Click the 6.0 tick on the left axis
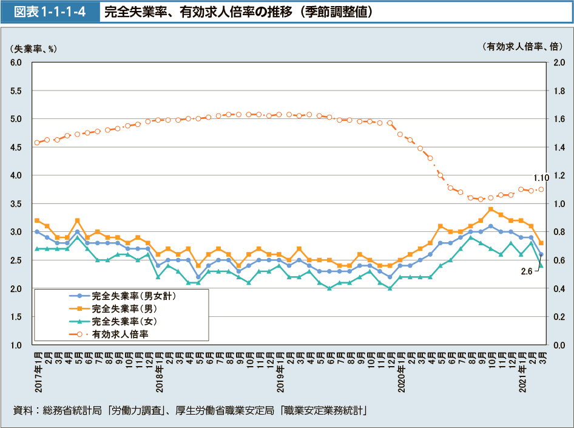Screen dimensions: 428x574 (16, 63)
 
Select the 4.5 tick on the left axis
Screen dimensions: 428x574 (16, 148)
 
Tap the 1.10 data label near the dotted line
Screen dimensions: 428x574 (541, 178)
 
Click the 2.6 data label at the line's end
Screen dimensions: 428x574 (527, 272)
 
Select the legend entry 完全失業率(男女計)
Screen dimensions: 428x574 (134, 296)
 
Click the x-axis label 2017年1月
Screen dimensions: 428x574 (37, 371)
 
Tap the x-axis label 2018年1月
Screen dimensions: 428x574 (158, 371)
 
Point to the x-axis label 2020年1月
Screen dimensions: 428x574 (400, 371)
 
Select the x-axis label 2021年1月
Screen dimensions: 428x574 (521, 371)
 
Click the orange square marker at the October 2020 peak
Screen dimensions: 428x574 (490, 209)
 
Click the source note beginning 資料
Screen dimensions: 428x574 (188, 410)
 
